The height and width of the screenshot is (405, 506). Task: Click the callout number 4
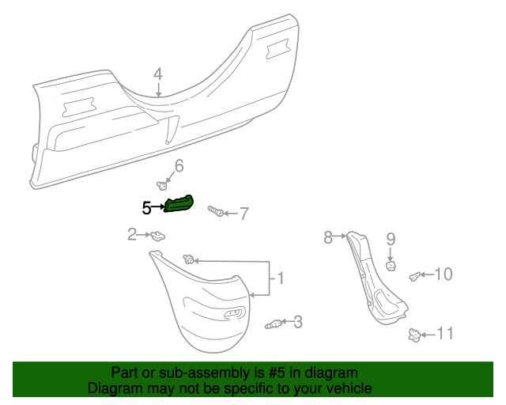pyautogui.click(x=158, y=74)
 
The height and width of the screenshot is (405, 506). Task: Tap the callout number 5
pyautogui.click(x=146, y=208)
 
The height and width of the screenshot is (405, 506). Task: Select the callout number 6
pyautogui.click(x=179, y=166)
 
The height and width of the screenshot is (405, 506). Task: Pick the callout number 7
pyautogui.click(x=244, y=214)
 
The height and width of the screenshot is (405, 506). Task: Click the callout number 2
pyautogui.click(x=132, y=233)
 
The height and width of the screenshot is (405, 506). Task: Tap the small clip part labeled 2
pyautogui.click(x=159, y=235)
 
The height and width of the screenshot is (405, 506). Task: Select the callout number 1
pyautogui.click(x=279, y=278)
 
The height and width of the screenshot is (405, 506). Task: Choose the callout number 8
pyautogui.click(x=328, y=236)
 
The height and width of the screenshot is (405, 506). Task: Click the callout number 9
pyautogui.click(x=390, y=238)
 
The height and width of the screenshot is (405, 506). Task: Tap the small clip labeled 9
pyautogui.click(x=391, y=265)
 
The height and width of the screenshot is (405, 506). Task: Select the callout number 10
pyautogui.click(x=444, y=274)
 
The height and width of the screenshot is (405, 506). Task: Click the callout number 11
pyautogui.click(x=446, y=334)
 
